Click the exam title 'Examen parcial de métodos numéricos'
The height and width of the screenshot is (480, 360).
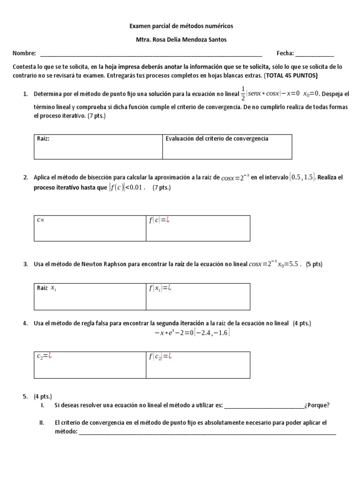[x=180, y=26]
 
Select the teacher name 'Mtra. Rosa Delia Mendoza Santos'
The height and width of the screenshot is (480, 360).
[x=180, y=40]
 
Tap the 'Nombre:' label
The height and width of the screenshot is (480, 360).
[x=24, y=53]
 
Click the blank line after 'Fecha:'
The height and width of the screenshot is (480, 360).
[x=315, y=54]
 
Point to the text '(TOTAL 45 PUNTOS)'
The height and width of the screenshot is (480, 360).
[x=292, y=75]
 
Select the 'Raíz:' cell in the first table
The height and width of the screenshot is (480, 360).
[x=98, y=147]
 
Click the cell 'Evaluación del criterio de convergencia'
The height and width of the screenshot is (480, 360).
[x=227, y=147]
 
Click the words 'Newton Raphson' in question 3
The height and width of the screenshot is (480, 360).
[x=106, y=264]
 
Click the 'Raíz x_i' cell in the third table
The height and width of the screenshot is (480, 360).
[x=90, y=296]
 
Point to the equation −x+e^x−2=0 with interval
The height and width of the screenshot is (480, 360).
[x=192, y=333]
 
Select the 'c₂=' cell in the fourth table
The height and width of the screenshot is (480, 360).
[x=90, y=364]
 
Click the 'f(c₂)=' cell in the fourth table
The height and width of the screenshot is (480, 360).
[x=197, y=364]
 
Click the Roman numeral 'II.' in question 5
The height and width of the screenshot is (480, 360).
[x=42, y=422]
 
